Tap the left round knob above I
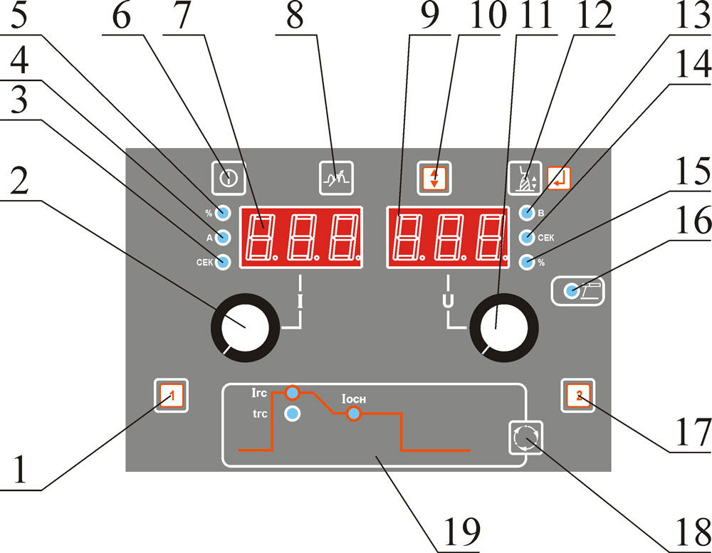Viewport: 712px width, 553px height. pos(241,330)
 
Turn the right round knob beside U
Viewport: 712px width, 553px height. pos(504,330)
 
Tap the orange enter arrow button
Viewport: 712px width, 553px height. pos(559,177)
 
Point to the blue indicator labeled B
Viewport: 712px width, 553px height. pos(528,212)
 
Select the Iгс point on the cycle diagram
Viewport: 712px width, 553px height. pos(292,392)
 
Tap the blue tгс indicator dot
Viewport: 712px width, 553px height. pos(292,414)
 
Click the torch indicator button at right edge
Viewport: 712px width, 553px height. pos(577,290)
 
